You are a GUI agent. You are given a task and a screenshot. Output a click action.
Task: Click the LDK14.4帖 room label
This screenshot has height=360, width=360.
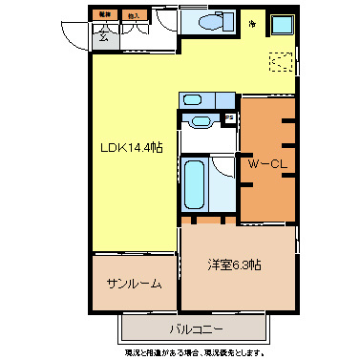coord(132,148)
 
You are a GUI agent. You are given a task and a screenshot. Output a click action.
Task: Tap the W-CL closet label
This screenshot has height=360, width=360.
coord(267,164)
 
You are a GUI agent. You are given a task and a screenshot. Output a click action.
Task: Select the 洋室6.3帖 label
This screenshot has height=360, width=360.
coord(235,265)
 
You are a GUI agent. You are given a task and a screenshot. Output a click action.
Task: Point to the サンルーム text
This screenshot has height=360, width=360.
coord(134,284)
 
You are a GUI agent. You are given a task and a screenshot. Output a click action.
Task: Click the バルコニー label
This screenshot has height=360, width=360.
coord(198,329)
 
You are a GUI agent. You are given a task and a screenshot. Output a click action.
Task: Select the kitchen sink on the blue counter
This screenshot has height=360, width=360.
coord(191,98)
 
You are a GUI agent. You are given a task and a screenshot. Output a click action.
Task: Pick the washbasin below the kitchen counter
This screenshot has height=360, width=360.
coord(199,121)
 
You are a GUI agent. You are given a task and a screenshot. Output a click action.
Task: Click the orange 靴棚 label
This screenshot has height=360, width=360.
coord(102,15)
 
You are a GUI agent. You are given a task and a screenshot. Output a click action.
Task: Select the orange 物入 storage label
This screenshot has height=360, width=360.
coord(132,15)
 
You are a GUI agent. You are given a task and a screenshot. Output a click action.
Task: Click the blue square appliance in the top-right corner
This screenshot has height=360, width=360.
coord(284,26)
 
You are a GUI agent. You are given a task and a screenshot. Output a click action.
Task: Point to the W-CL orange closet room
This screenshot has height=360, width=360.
coord(266,191)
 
